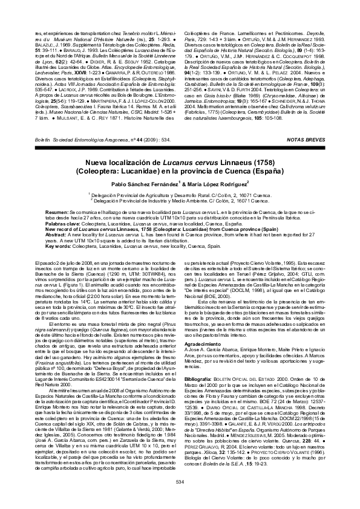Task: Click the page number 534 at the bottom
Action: pyautogui.click(x=179, y=482)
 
